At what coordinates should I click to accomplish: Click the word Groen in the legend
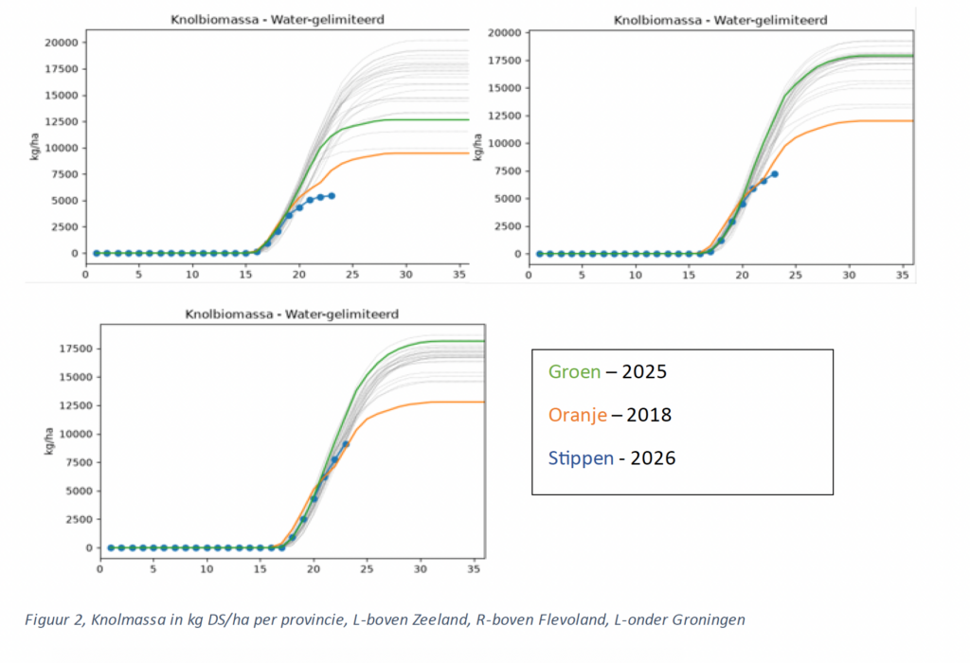pos(574,371)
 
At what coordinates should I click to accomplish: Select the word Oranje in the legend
pos(577,415)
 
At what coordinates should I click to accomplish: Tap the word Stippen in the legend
pos(581,458)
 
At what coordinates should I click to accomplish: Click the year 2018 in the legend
pos(649,415)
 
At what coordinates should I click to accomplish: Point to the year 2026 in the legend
pos(653,458)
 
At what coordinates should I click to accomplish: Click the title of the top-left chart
pos(278,20)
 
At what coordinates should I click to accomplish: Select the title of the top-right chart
pos(720,21)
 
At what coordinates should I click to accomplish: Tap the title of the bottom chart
pos(292,314)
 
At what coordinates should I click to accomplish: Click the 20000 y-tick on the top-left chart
pos(62,43)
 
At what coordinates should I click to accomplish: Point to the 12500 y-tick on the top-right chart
pos(504,116)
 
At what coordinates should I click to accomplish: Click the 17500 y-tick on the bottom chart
pos(76,349)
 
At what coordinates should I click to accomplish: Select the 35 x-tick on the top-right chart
pos(903,275)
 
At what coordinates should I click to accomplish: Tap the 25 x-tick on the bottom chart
pos(367,569)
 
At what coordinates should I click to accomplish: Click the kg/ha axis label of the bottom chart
pos(49,441)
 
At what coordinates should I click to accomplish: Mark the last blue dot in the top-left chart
pos(332,196)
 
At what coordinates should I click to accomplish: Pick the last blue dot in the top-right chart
pos(775,174)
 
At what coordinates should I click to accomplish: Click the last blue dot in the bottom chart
pos(346,444)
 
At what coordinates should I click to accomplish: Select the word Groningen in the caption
pos(709,620)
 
